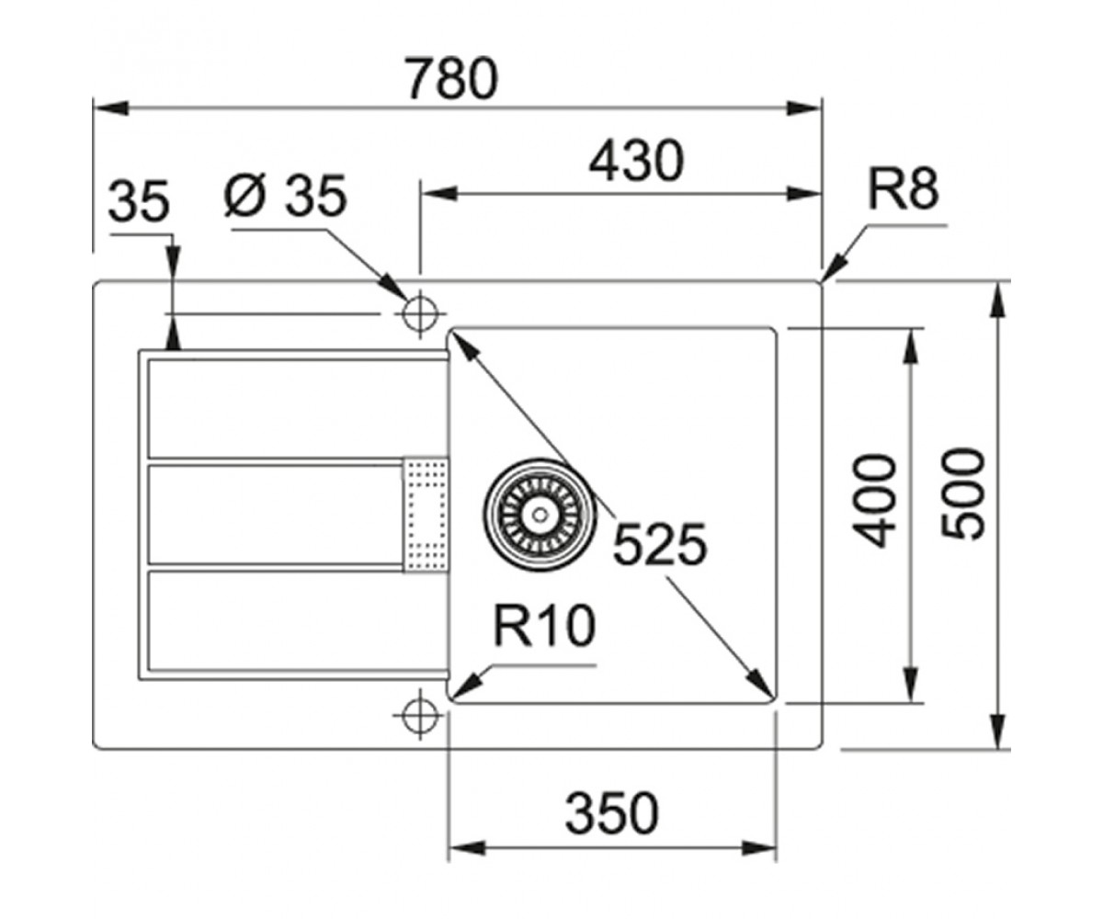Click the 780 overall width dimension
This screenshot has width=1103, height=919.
tap(453, 79)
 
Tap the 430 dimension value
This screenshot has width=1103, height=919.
tap(637, 161)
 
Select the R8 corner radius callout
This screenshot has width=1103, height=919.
tap(904, 189)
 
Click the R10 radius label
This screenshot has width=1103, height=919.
tap(544, 626)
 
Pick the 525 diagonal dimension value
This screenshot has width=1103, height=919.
tap(660, 544)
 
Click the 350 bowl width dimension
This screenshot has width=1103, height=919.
tap(612, 812)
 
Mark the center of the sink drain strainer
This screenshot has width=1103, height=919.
tap(539, 514)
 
